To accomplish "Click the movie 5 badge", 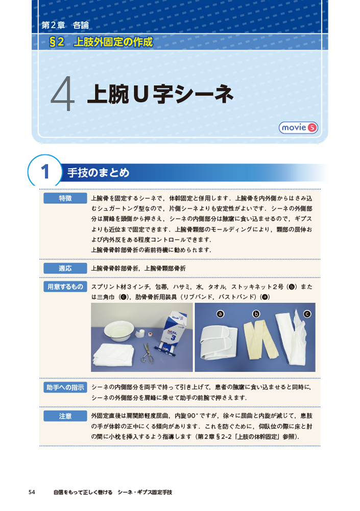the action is tap(298, 127).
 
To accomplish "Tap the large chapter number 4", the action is tap(62, 94).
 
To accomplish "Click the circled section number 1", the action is tap(45, 172).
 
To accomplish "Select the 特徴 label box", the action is tap(65, 198).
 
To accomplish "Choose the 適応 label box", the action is tap(65, 268).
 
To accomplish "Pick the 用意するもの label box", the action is tap(65, 287).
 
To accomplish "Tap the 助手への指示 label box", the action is tap(65, 387).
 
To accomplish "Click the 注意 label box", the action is tap(65, 416).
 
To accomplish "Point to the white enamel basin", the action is tap(118, 331).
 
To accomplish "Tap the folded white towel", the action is tap(113, 354).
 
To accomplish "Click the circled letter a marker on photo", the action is tap(220, 314).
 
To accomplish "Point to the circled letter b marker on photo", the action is tap(256, 314).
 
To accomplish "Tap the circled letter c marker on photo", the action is tap(307, 314).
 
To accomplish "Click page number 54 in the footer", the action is tap(32, 492).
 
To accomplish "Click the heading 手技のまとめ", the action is tap(99, 172).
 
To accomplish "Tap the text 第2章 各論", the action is tap(65, 25).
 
